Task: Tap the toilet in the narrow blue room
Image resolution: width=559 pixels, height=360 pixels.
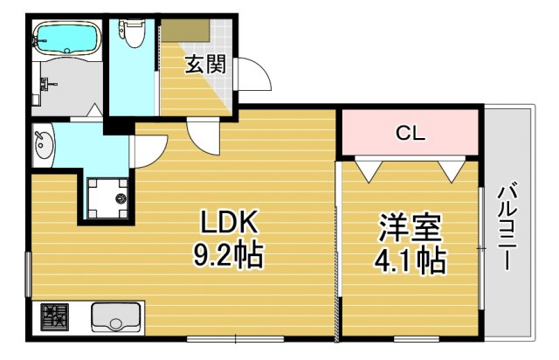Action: pyautogui.click(x=134, y=33)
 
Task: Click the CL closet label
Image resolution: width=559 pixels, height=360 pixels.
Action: pyautogui.click(x=410, y=134)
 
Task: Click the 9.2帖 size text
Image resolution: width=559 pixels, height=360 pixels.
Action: pyautogui.click(x=228, y=256)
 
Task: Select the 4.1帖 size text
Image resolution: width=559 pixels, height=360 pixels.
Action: pyautogui.click(x=409, y=260)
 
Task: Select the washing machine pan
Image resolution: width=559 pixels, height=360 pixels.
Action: pyautogui.click(x=108, y=197)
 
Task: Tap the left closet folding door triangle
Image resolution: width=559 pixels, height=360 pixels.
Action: pyautogui.click(x=367, y=169)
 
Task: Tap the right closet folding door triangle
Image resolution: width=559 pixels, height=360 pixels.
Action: pyautogui.click(x=452, y=169)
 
